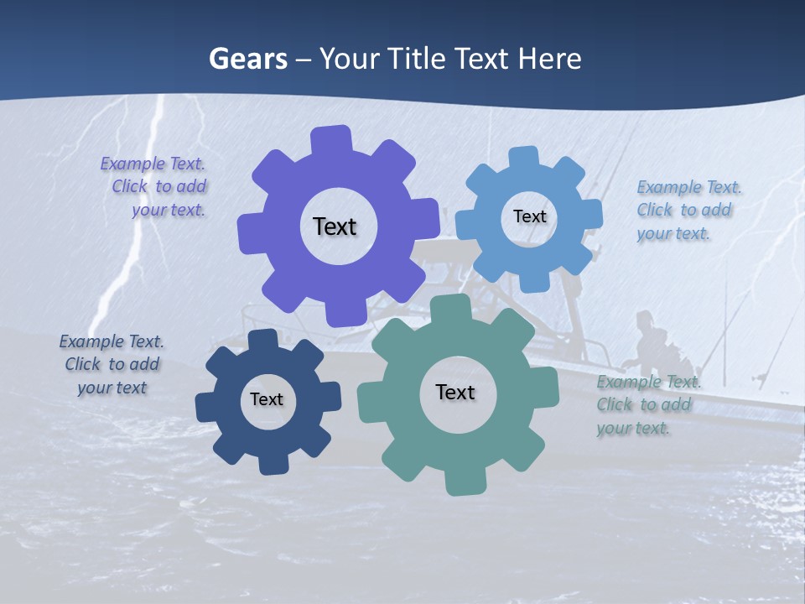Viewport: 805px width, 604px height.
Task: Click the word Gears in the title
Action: [248, 59]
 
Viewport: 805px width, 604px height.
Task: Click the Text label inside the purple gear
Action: [335, 226]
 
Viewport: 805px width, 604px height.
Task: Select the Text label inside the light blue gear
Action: [529, 216]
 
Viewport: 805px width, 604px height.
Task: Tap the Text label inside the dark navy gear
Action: [267, 399]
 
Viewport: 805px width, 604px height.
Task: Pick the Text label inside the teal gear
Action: [455, 392]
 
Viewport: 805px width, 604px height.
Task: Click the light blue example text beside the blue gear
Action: [688, 210]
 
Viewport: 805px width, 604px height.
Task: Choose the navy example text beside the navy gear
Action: [112, 364]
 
